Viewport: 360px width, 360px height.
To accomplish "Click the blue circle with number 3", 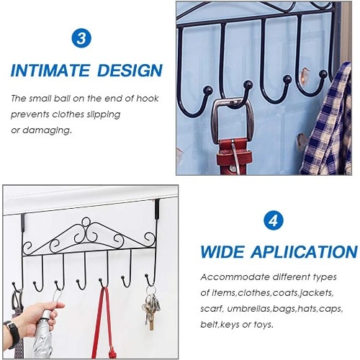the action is pyautogui.click(x=81, y=38).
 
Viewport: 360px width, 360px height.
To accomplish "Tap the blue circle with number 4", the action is pyautogui.click(x=274, y=220).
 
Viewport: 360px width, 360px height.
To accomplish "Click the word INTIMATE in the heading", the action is pyautogui.click(x=50, y=71).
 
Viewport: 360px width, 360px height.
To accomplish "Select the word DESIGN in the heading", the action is pyautogui.click(x=130, y=71).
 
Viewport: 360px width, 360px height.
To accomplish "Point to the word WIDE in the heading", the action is pyautogui.click(x=222, y=252).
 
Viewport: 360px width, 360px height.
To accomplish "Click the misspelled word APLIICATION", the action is pyautogui.click(x=304, y=252).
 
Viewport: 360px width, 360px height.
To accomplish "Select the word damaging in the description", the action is pyautogui.click(x=47, y=130).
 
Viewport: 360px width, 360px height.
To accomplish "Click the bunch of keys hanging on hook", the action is pyautogui.click(x=150, y=310).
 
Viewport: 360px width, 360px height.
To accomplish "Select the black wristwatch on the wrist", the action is pyautogui.click(x=13, y=334).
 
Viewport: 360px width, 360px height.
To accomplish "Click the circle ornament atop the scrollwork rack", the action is pyautogui.click(x=86, y=222).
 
